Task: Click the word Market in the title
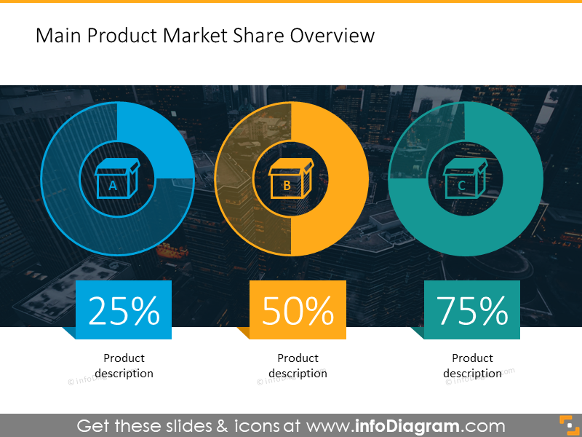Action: [195, 36]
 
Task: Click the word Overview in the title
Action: [332, 36]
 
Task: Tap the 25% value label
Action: [124, 311]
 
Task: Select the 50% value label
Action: [298, 311]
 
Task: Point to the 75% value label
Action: [472, 311]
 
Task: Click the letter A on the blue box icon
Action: [113, 186]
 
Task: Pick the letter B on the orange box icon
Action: [287, 186]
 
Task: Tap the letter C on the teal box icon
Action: [461, 186]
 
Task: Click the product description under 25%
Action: [124, 366]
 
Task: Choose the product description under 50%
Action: [298, 366]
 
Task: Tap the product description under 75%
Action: [472, 366]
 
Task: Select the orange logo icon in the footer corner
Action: [570, 425]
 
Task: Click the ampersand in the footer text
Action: [222, 426]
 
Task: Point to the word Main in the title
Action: [59, 36]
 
